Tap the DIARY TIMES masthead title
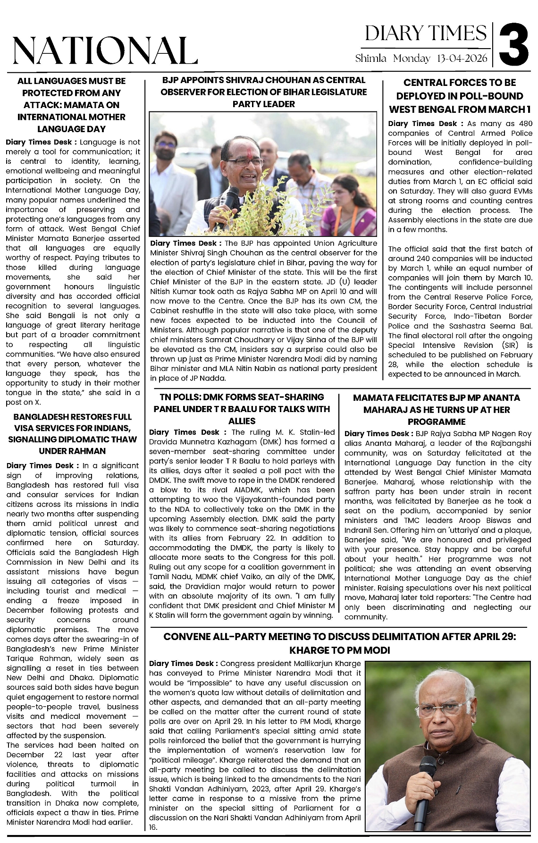click(x=425, y=33)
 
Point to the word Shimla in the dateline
click(x=371, y=59)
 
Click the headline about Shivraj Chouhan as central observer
click(x=263, y=92)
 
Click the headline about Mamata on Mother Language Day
click(x=71, y=105)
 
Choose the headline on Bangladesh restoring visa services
click(x=72, y=434)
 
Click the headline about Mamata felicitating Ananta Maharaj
click(x=437, y=410)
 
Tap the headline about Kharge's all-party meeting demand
click(x=340, y=644)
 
